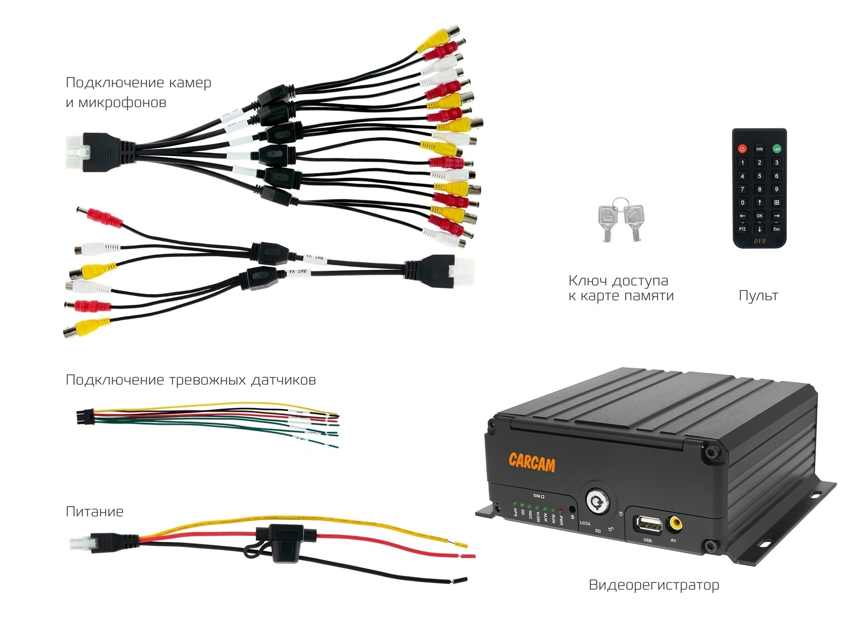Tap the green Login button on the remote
pyautogui.click(x=776, y=149)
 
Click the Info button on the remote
pyautogui.click(x=759, y=149)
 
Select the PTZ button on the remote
pyautogui.click(x=742, y=229)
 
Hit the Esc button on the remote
pyautogui.click(x=776, y=229)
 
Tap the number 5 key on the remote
pyautogui.click(x=759, y=175)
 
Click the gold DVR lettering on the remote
pyautogui.click(x=759, y=242)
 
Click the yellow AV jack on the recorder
pyautogui.click(x=676, y=523)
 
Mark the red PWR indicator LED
pyautogui.click(x=561, y=510)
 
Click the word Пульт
pyautogui.click(x=758, y=296)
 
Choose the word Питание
pyautogui.click(x=95, y=511)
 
